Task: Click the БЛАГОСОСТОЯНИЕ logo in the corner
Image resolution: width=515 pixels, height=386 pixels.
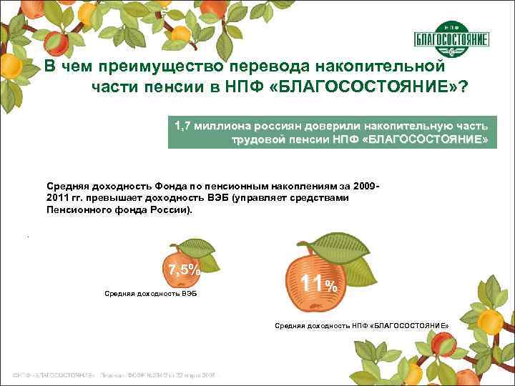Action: click(x=451, y=40)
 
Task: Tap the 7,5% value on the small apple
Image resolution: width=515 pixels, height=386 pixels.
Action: click(x=185, y=269)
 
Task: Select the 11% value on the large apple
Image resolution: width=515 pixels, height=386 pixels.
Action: click(x=318, y=283)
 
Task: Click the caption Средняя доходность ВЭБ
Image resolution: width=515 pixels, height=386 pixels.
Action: click(x=150, y=294)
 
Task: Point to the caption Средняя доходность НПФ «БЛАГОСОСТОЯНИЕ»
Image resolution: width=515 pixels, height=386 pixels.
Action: click(x=362, y=326)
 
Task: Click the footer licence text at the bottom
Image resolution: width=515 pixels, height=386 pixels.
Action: click(x=114, y=375)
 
